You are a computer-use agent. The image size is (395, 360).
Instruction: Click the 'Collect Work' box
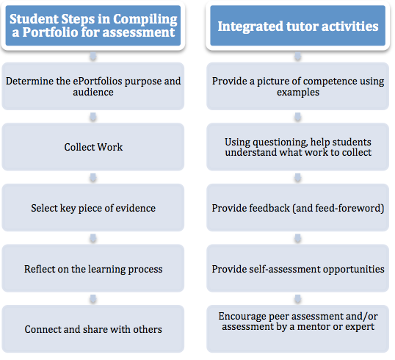point(93,147)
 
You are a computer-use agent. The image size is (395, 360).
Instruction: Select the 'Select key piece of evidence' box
point(93,207)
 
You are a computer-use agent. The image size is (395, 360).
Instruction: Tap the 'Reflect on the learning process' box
point(93,268)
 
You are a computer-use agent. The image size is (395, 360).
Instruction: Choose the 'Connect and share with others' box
point(93,329)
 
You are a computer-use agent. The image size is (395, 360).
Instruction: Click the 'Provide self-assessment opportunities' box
point(298,268)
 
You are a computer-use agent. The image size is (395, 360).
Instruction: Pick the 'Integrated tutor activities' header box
point(298,26)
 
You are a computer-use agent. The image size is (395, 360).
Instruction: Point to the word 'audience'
point(93,93)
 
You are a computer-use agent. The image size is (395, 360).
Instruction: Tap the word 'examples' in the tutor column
point(298,93)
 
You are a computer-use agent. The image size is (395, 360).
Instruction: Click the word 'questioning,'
point(278,143)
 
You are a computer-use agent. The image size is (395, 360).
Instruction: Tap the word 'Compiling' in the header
point(145,20)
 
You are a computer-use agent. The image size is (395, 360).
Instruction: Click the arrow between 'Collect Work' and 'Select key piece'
point(93,178)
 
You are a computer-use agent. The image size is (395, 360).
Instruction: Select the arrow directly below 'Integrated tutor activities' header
point(298,57)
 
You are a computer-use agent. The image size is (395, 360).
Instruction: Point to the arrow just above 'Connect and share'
point(93,299)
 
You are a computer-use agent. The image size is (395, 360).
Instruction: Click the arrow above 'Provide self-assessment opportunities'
point(298,238)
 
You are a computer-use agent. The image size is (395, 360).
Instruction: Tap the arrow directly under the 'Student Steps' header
point(93,57)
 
